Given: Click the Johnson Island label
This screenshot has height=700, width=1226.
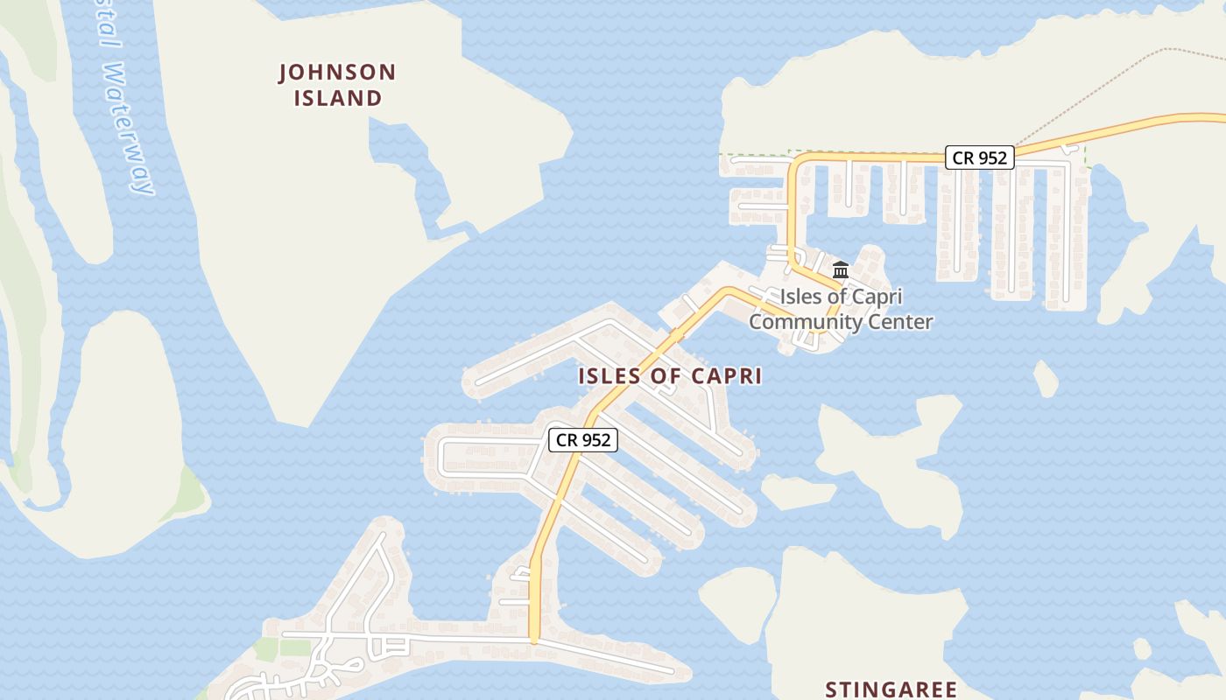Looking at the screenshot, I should click(337, 85).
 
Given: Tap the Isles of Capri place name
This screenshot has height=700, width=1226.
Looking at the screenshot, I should click(670, 376).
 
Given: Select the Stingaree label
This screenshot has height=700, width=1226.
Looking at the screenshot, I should click(891, 689).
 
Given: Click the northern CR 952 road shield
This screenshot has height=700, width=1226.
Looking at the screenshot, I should click(980, 157).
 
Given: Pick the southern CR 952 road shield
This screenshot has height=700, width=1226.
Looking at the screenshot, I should click(583, 440).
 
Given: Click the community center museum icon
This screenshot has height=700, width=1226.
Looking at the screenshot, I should click(841, 269).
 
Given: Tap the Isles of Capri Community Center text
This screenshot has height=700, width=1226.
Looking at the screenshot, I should click(841, 309).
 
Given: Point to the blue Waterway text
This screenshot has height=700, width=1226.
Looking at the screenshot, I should click(128, 128).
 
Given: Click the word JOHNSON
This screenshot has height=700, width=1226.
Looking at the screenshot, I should click(337, 72).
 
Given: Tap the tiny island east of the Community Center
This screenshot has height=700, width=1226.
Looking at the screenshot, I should click(1046, 379).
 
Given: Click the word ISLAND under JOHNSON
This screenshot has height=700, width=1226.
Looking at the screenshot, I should click(337, 98).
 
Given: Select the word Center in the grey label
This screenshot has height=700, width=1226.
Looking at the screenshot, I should click(901, 322).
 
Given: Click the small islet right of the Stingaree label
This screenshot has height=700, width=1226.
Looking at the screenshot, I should click(1142, 649).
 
